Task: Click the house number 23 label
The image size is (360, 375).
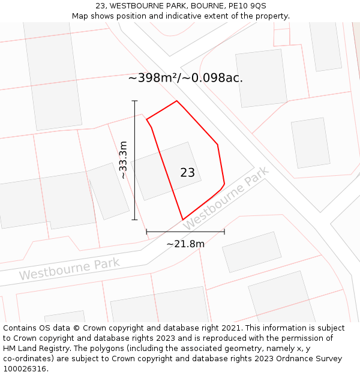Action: pos(187,173)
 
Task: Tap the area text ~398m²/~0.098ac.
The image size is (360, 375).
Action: pos(185,78)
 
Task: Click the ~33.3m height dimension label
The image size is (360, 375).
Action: pos(124,160)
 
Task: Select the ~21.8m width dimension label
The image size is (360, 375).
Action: pos(185,244)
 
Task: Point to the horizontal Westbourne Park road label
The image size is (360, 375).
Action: pos(69,269)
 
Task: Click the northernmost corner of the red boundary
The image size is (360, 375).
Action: pos(176,101)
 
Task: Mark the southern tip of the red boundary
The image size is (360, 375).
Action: pos(182,220)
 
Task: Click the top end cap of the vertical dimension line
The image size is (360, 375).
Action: pos(134,101)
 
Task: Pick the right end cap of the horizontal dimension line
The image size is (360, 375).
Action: pos(224,231)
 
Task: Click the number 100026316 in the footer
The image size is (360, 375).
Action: pos(24,369)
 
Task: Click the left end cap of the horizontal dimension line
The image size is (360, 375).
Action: pos(146,231)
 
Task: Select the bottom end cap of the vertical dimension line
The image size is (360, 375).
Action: pos(134,220)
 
